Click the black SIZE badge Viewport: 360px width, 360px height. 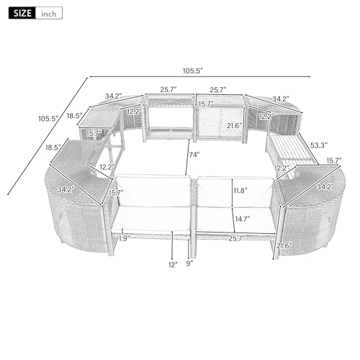22,13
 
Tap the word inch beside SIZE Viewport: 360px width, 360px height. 49,14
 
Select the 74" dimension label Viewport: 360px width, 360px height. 194,155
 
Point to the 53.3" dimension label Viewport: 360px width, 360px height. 319,145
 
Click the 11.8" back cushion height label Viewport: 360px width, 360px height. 240,191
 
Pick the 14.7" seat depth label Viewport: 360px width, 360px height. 243,219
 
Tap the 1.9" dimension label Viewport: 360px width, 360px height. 125,238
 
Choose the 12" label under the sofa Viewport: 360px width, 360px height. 173,265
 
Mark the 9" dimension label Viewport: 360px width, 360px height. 189,264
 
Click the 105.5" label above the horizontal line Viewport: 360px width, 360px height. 193,71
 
